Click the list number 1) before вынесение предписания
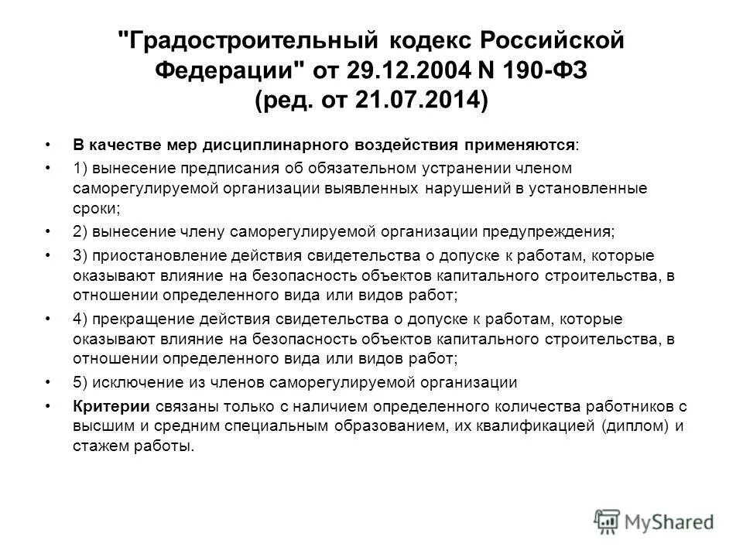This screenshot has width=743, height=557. [x=80, y=167]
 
